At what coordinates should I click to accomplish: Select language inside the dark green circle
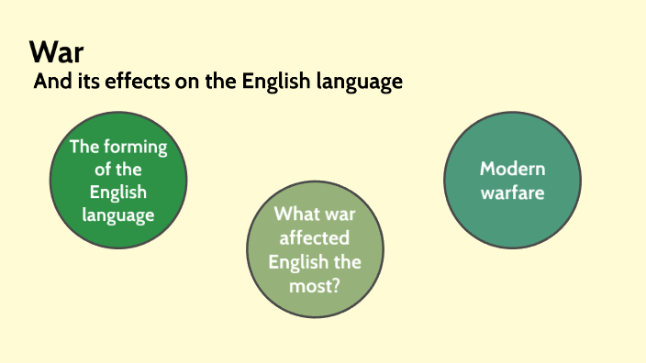coord(117,214)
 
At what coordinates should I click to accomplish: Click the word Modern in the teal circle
coord(512,170)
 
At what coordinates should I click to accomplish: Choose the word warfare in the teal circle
coord(512,192)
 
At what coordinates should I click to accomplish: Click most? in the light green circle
coord(314,285)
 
